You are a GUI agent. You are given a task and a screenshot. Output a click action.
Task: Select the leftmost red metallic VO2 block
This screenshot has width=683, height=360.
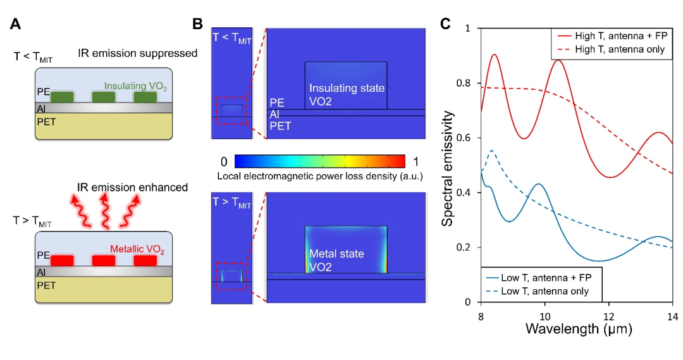[x=63, y=260]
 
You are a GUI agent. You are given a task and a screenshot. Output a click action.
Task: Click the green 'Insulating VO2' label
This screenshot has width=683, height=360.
[x=134, y=85]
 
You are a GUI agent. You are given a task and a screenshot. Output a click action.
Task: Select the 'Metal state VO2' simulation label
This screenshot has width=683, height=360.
[x=336, y=259]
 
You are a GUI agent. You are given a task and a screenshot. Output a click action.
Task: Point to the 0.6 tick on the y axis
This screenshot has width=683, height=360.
[x=467, y=138]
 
